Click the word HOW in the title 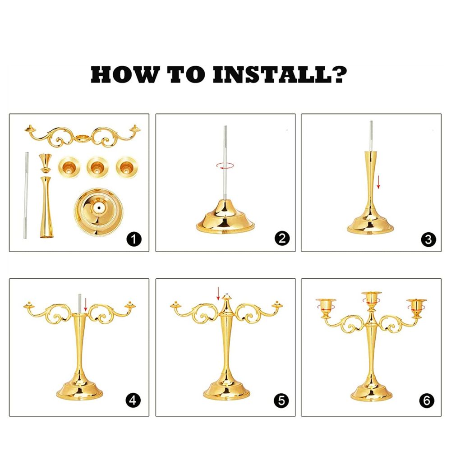coord(125,75)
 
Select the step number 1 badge coord(134,239)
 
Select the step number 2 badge coord(282,239)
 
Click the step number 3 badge coord(428,239)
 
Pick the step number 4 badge coord(133,400)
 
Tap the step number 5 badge coord(281,400)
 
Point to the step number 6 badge coord(427,400)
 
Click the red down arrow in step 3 coord(378,182)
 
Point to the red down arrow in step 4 coord(85,305)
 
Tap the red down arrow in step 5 coord(218,294)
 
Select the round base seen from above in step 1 coord(99,212)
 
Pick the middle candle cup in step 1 coord(97,167)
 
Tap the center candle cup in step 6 coord(372,299)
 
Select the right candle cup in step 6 coord(417,307)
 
